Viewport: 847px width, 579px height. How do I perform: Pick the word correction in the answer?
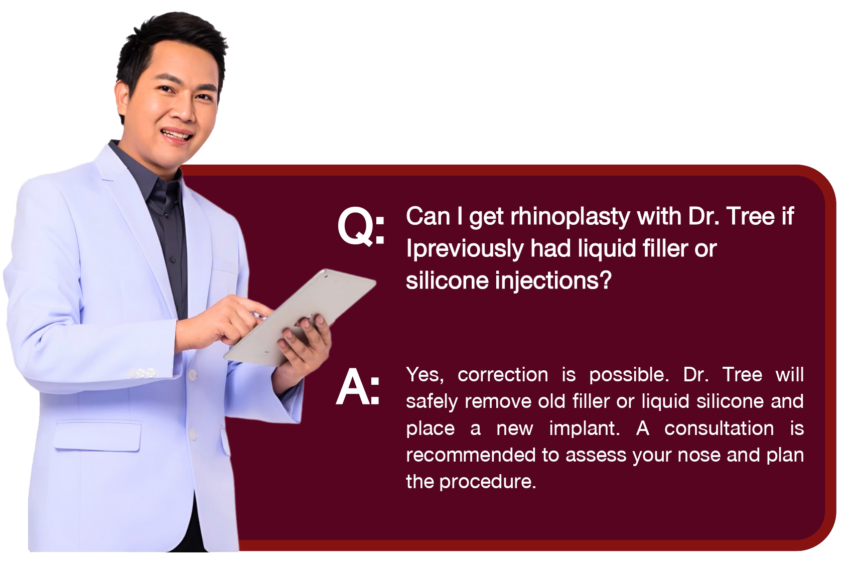502,375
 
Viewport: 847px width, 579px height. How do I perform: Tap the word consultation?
719,429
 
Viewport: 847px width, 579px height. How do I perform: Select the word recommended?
471,455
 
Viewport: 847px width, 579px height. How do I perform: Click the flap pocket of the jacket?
97,437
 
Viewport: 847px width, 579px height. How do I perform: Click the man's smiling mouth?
176,134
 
